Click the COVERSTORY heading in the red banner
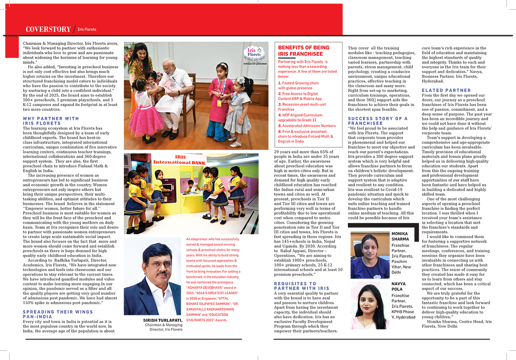[48, 29]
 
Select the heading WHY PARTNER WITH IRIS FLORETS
[51, 121]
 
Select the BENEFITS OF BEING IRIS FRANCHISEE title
[304, 51]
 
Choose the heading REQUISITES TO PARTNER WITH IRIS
[301, 286]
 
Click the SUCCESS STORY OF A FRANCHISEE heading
[378, 121]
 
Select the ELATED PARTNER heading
[446, 91]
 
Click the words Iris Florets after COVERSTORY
[87, 30]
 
